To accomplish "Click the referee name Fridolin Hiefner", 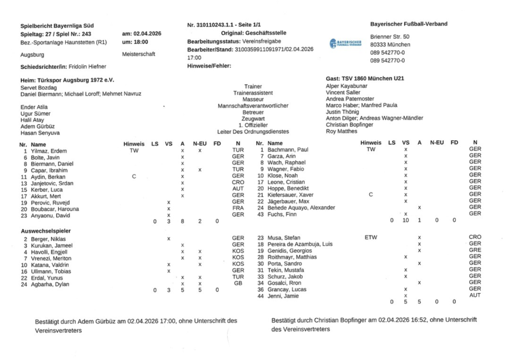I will click(x=87, y=66).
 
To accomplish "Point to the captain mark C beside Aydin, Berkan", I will click(x=134, y=176).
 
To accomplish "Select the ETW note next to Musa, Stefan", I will click(x=370, y=237).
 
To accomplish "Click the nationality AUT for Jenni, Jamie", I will click(x=474, y=296).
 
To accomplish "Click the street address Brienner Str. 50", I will click(x=390, y=37).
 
